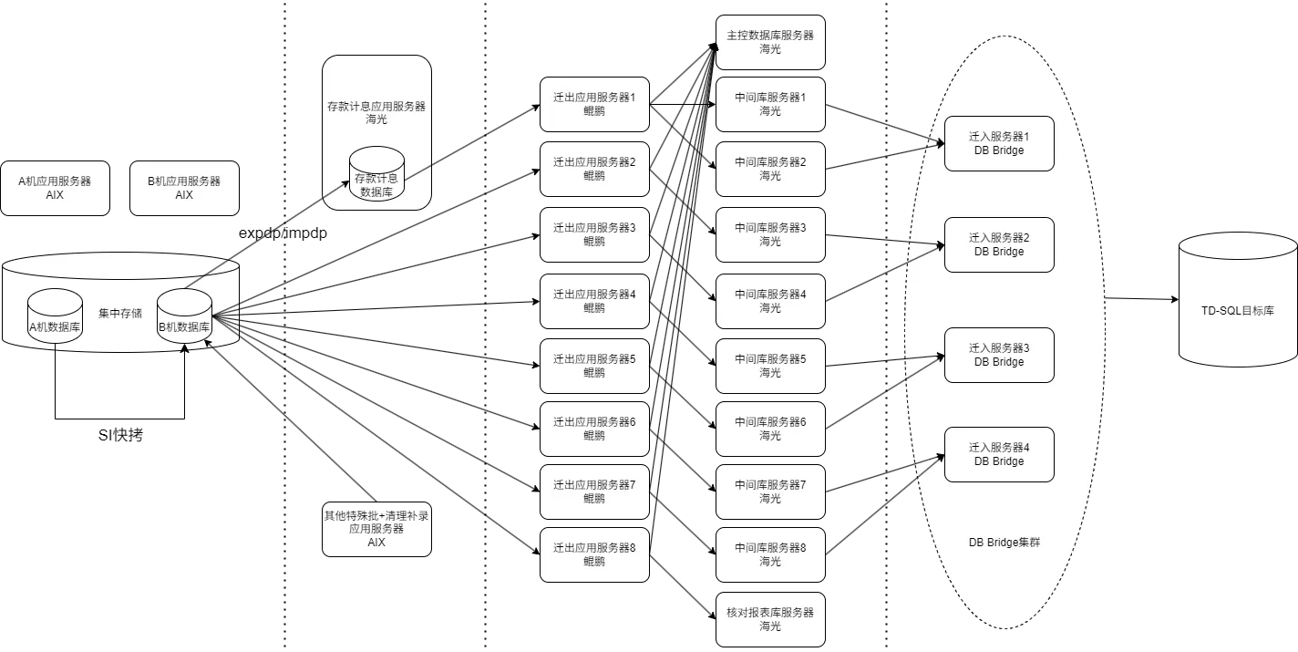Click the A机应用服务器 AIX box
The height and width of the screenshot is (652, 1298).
55,189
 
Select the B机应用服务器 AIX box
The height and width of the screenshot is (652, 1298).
184,189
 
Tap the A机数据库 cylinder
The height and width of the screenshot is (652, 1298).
55,317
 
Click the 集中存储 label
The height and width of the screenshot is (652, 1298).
119,313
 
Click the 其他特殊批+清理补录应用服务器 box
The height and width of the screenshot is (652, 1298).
376,529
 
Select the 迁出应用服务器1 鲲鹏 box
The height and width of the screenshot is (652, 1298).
594,104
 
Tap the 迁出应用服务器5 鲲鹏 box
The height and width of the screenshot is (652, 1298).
594,366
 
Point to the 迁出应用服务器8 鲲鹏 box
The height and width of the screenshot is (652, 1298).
594,554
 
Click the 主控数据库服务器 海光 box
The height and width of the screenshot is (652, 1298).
770,42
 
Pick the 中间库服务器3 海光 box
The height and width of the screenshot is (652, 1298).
770,234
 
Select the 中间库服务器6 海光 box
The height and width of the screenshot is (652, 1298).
770,429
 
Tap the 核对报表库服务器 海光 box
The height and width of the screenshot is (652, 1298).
770,619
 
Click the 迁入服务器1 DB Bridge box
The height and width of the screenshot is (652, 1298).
999,143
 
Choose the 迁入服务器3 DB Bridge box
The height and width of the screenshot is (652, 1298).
999,355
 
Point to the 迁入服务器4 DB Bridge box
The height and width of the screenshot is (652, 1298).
999,454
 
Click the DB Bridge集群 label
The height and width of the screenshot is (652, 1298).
1004,542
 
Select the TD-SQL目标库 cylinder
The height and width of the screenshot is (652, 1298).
1237,301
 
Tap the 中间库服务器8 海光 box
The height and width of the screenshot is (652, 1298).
770,554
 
